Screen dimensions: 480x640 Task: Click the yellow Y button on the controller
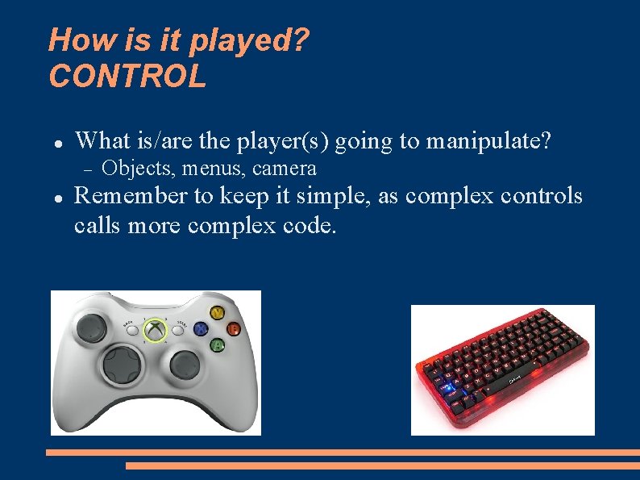click(x=217, y=312)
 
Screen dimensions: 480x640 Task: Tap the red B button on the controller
click(x=233, y=328)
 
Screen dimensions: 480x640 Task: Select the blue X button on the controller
click(x=201, y=329)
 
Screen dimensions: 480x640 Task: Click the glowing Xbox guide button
click(x=154, y=329)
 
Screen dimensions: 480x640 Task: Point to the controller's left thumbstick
click(x=92, y=327)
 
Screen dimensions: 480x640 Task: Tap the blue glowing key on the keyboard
click(x=447, y=390)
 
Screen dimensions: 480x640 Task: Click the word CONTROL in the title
click(x=127, y=77)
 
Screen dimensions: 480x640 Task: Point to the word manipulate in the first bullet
click(x=488, y=141)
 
